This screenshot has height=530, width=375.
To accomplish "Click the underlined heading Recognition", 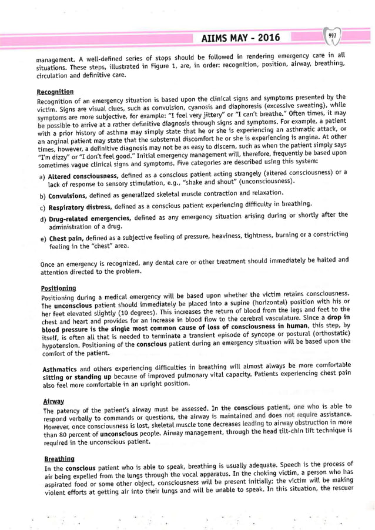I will (x=55, y=92).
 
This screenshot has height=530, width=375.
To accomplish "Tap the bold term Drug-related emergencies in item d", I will (x=89, y=219).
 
